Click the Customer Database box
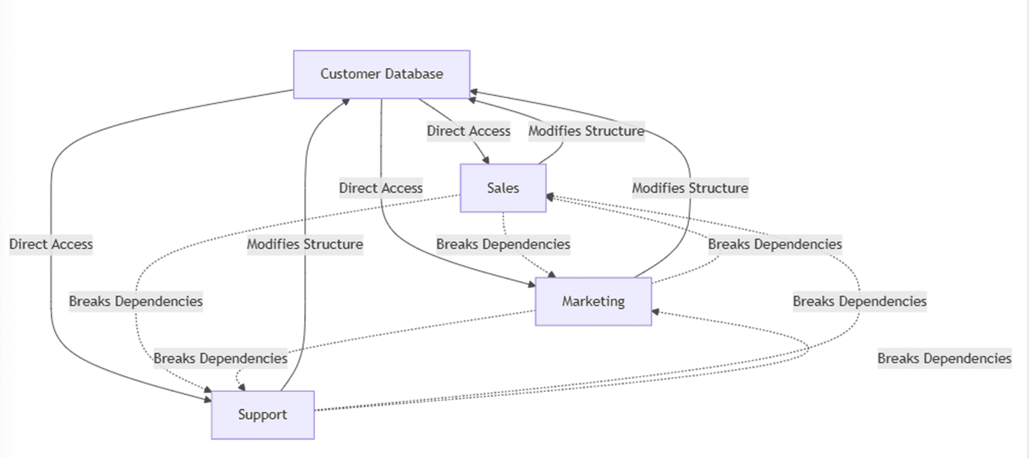coord(382,74)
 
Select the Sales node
coord(503,188)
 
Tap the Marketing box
coord(594,301)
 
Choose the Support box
coord(263,415)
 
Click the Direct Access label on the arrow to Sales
coord(469,131)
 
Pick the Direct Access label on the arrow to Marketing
coord(381,188)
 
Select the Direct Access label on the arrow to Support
coord(51,244)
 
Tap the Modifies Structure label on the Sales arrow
coord(586,131)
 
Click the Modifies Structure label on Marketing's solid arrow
coord(690,188)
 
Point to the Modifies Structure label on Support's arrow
coord(305,244)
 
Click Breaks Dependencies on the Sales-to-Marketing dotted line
coord(503,244)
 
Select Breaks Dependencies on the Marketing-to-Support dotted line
coord(220,358)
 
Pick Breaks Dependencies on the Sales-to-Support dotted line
coord(136,301)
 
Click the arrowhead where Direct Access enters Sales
coord(486,160)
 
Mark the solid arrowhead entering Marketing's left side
coord(532,284)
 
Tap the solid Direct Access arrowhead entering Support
coord(208,399)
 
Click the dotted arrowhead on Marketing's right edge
coord(656,312)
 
